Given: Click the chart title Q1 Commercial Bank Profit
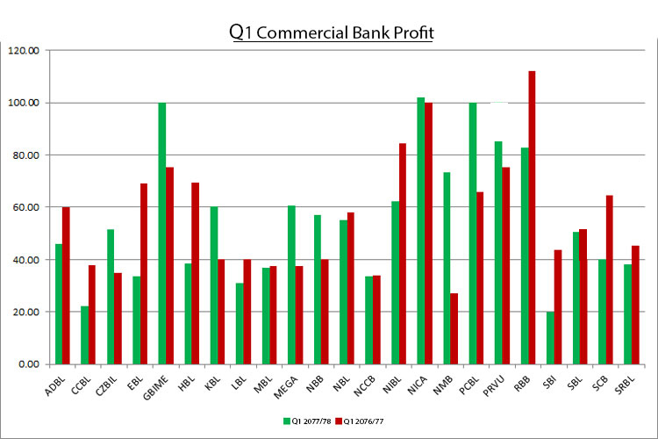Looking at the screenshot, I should tap(331, 32).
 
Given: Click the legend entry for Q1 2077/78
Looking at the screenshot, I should tap(306, 421).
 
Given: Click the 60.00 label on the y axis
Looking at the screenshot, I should tap(25, 207).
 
